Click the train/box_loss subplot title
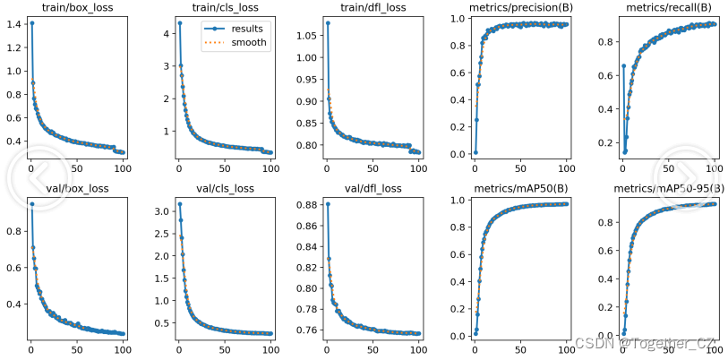coord(76,9)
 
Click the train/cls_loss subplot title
coord(224,9)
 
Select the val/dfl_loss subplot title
coord(372,189)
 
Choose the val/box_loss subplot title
coord(76,189)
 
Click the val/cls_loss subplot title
coord(224,189)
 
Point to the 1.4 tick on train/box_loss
coord(13,23)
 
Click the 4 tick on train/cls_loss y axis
coord(165,34)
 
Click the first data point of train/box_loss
coord(32,23)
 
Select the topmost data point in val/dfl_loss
coord(327,204)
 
